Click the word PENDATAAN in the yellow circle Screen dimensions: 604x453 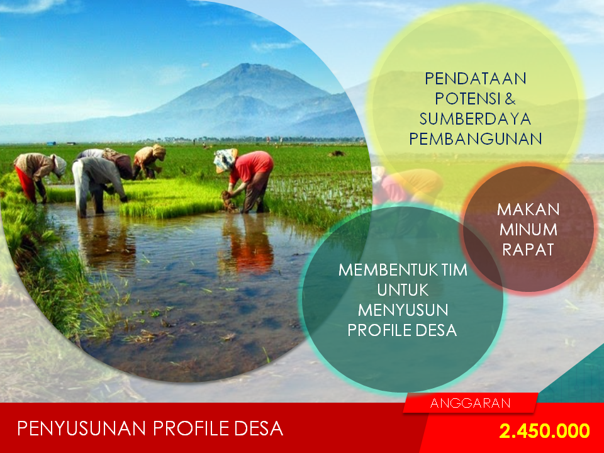(x=476, y=79)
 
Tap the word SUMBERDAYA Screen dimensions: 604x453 (x=476, y=119)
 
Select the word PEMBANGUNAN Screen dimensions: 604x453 (x=476, y=139)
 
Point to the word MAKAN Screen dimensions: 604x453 (x=528, y=210)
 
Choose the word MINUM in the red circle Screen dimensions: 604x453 (x=528, y=230)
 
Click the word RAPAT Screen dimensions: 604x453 (x=528, y=250)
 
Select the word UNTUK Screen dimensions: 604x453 (x=403, y=290)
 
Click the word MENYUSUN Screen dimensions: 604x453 (x=403, y=310)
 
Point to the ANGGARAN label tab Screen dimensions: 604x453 (x=471, y=403)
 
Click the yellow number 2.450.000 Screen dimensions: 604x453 (x=544, y=431)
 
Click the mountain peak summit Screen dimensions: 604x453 (x=246, y=65)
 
